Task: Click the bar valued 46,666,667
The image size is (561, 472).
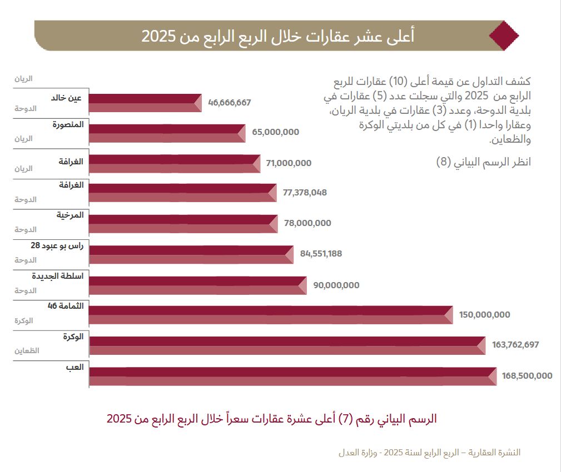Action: pos(145,103)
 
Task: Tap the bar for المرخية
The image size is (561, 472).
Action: pos(183,223)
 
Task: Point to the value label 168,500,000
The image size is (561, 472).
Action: pos(527,376)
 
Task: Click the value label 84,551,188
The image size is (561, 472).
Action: pos(321,254)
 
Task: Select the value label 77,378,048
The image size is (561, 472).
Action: pos(305,193)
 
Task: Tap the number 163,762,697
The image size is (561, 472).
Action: pos(515,345)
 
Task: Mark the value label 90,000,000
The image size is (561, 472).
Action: pos(336,285)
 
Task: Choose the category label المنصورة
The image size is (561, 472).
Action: pos(68,124)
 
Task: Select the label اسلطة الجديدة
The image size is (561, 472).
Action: pos(58,276)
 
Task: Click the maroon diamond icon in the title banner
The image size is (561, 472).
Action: pos(504,36)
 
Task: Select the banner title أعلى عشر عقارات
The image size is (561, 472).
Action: pos(277,36)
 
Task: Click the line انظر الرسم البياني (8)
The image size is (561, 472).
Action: pos(483,163)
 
